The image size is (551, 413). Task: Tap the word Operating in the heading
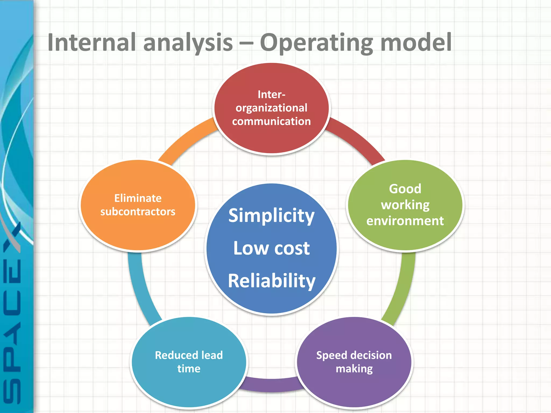tap(316, 43)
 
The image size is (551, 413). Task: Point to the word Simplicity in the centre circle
tap(271, 216)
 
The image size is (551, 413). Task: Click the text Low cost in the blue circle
tap(271, 248)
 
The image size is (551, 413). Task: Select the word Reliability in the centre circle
tap(271, 281)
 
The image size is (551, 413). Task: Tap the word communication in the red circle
tap(271, 121)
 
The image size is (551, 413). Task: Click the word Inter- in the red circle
tap(271, 95)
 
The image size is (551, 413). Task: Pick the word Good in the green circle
tap(405, 189)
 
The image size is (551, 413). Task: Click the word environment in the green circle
tap(405, 221)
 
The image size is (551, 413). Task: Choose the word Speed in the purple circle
tap(331, 355)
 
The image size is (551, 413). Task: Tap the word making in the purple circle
tap(354, 369)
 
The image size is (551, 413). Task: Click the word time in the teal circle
tap(189, 369)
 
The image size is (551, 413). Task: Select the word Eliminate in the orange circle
tap(138, 198)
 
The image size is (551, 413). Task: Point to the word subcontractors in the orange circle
tap(138, 212)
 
